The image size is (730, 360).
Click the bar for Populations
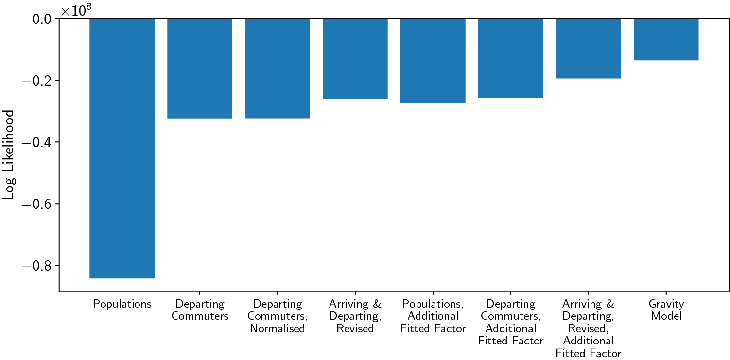122,148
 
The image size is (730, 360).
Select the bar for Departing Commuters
200,68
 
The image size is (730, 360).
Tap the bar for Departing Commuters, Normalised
278,68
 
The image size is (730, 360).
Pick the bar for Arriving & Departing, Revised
355,58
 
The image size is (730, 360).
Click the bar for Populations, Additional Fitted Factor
433,61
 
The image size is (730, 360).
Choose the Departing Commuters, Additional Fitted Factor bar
511,58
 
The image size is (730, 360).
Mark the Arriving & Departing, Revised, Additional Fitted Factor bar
589,49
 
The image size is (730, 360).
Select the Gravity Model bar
666,39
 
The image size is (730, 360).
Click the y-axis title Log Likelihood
8,155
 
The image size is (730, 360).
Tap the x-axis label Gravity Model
666,310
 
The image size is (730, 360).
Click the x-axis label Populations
122,305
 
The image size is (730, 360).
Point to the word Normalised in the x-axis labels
278,329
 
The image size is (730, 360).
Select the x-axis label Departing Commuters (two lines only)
200,310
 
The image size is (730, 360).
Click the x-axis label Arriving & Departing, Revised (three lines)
355,316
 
